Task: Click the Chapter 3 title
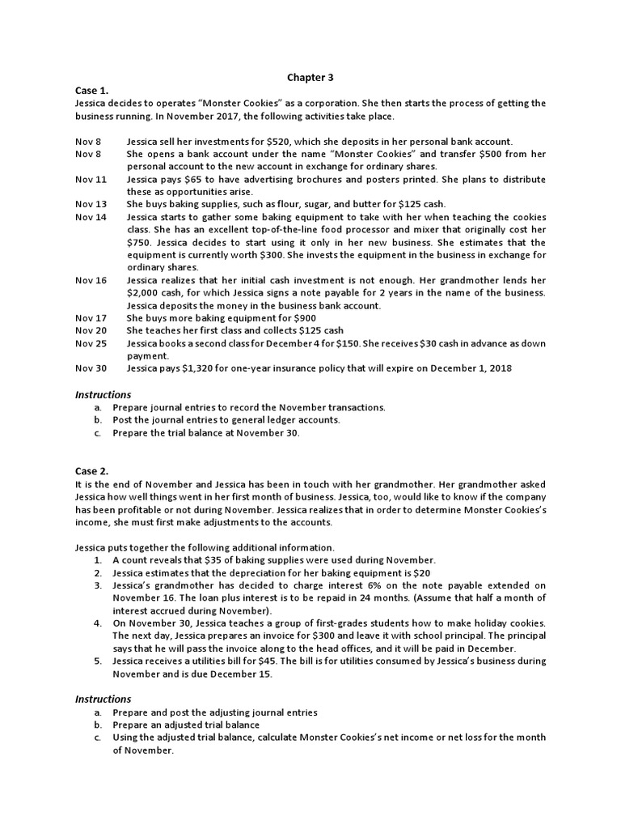[x=310, y=78]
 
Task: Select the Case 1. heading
[x=91, y=91]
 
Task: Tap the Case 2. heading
[x=91, y=470]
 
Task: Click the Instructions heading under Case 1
[x=103, y=394]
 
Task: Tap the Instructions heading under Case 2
[x=103, y=699]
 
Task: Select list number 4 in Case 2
[x=97, y=623]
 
